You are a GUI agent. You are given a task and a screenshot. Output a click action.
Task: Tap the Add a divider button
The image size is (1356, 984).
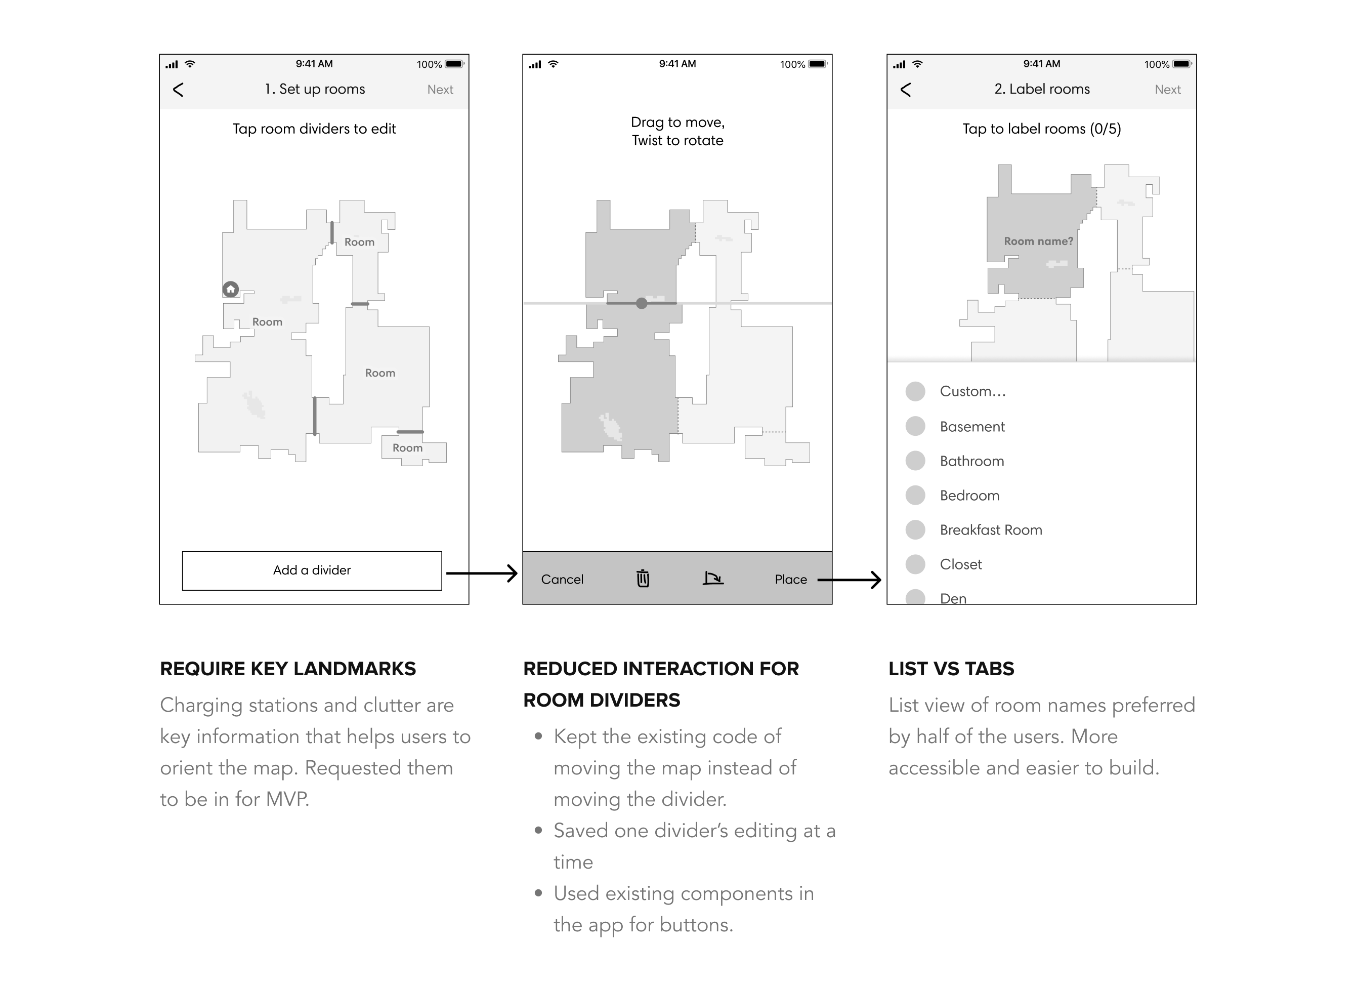point(312,570)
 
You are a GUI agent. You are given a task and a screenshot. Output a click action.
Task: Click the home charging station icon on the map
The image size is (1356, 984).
point(230,290)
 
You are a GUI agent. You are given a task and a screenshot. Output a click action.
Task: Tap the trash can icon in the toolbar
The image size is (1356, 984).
point(643,579)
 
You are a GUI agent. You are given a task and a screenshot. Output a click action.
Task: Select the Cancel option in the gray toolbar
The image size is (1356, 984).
point(562,579)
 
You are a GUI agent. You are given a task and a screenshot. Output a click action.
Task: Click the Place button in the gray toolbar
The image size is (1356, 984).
point(790,579)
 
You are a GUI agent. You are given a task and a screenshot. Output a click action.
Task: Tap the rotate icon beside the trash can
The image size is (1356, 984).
point(713,579)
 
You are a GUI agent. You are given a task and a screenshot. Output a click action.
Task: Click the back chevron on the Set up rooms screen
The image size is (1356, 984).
point(178,90)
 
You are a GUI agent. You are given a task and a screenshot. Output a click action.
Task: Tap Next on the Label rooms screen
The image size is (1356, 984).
point(1167,90)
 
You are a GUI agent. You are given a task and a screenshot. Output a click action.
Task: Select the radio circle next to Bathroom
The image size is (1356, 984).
point(915,461)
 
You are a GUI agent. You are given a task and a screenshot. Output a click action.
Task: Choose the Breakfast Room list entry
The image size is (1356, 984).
point(990,530)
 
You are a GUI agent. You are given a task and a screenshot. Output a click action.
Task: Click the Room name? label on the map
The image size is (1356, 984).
point(1038,241)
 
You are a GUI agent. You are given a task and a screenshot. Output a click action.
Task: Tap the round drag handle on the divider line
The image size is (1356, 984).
point(642,303)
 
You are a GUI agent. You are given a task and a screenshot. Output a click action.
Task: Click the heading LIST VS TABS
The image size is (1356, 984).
point(951,669)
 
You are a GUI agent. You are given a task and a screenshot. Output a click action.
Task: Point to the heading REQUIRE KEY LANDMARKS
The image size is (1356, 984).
point(287,669)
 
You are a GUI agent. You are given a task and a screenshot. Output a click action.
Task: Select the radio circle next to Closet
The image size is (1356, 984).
point(915,564)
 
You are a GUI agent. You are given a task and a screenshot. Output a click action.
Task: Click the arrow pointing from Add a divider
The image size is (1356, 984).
point(481,573)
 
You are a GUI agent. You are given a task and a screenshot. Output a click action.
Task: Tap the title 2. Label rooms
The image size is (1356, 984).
point(1041,89)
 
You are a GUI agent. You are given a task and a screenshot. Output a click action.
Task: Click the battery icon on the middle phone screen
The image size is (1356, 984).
point(817,64)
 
